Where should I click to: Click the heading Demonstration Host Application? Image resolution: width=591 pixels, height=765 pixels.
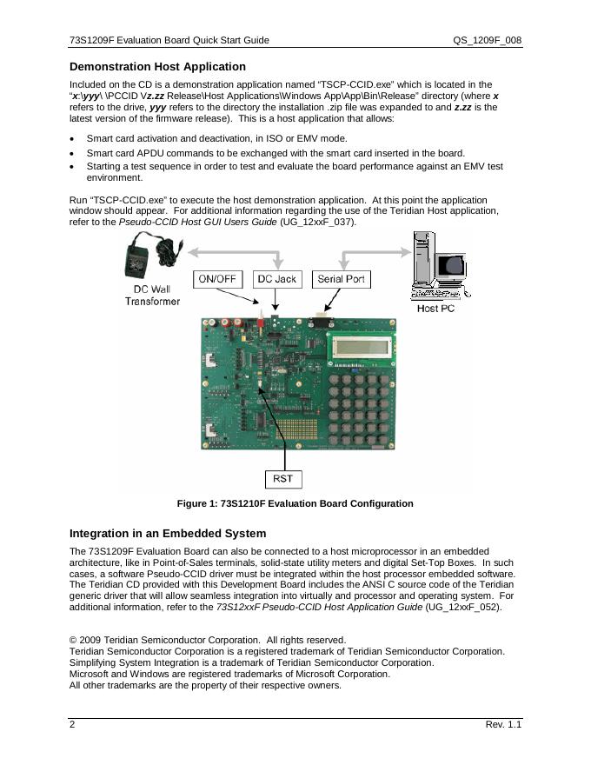click(x=157, y=67)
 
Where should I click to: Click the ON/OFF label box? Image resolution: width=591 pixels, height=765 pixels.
click(x=221, y=279)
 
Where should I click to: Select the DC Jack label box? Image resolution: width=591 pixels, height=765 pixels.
click(x=277, y=279)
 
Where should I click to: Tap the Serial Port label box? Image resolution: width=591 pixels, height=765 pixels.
click(x=342, y=279)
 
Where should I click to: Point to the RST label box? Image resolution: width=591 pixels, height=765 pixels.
click(x=282, y=478)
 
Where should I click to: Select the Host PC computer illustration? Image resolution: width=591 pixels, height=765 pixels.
click(x=439, y=265)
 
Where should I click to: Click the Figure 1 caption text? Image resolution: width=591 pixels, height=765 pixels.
click(x=295, y=504)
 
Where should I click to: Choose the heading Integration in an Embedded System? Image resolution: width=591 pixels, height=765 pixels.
click(x=168, y=533)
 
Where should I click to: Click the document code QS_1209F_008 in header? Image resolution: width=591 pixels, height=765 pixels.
click(x=487, y=40)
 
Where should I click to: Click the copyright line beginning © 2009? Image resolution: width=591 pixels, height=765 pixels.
click(x=208, y=640)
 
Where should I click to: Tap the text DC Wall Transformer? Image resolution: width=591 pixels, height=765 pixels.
click(x=152, y=295)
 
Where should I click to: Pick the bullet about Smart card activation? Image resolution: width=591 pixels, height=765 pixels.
click(x=217, y=139)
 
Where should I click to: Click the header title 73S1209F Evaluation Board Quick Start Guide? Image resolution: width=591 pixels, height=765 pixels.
click(x=169, y=40)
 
